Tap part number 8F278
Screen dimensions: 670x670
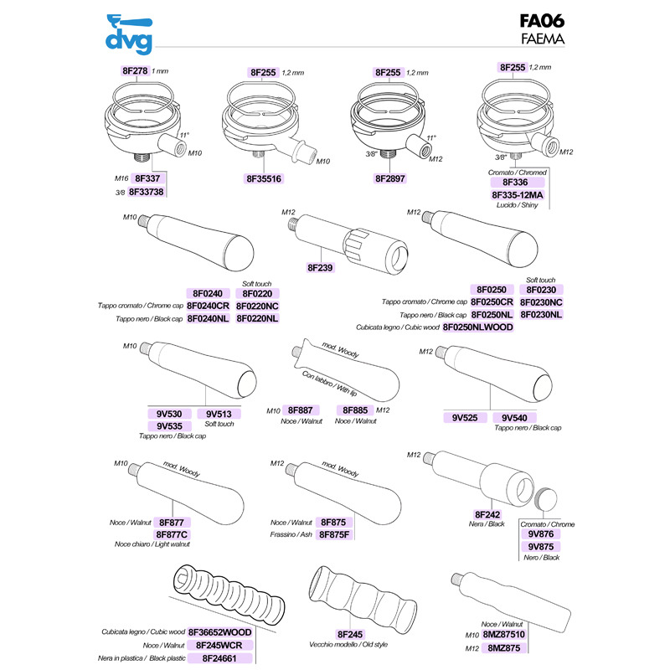(135, 71)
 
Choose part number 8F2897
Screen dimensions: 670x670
(390, 178)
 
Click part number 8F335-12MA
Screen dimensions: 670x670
(518, 194)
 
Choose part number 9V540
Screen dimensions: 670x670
(519, 416)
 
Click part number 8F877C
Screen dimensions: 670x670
(173, 533)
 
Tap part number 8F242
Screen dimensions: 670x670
(487, 513)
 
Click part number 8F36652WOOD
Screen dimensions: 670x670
(219, 631)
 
